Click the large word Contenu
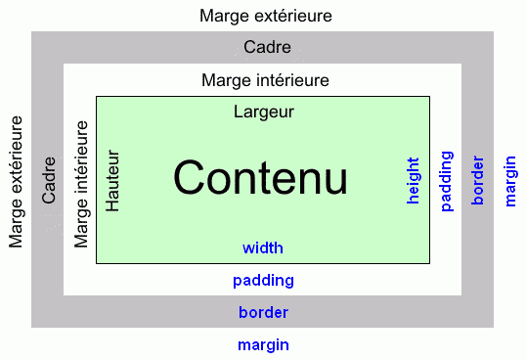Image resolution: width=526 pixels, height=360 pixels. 260,178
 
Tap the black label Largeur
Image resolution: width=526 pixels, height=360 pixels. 264,112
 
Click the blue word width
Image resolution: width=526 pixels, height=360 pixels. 263,247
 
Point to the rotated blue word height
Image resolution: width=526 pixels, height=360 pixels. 413,180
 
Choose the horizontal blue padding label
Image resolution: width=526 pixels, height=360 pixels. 263,281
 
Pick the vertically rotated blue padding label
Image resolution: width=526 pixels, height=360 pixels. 446,180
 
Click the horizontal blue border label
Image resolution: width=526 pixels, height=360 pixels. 263,313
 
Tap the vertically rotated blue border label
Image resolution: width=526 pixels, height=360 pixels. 477,180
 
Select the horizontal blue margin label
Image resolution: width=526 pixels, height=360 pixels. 263,344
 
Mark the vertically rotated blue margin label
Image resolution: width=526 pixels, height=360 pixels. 509,180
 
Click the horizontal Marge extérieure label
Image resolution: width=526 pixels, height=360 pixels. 265,17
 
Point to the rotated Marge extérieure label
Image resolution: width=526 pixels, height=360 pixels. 16,181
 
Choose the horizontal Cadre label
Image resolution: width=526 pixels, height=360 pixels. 267,48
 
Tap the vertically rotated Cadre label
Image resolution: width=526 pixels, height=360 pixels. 49,182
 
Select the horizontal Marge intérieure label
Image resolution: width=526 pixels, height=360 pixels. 264,79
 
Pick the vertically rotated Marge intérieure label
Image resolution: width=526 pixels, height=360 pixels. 81,182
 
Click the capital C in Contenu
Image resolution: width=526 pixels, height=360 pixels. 190,178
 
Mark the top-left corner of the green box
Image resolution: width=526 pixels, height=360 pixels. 96,96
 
